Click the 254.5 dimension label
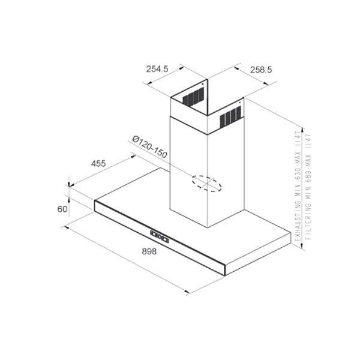click(x=157, y=69)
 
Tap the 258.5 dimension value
click(x=261, y=70)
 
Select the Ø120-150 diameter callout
click(x=149, y=147)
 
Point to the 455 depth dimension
click(x=98, y=163)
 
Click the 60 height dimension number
click(x=62, y=209)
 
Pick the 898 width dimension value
click(x=149, y=251)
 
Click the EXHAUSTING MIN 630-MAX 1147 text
click(x=298, y=186)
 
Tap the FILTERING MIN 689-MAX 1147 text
click(x=308, y=187)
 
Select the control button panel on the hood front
click(x=160, y=237)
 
